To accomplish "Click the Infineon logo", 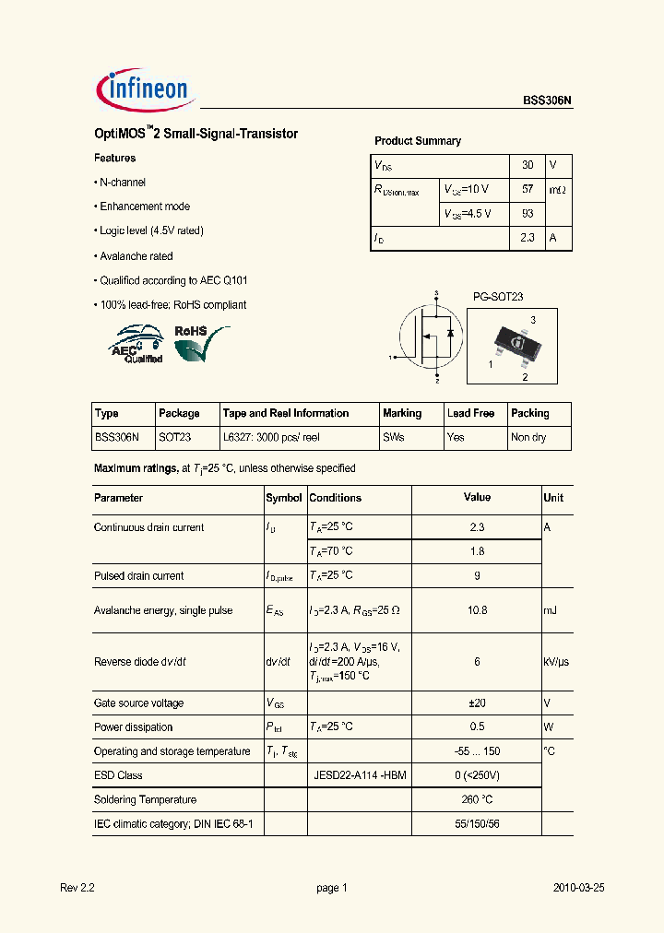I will click(143, 89).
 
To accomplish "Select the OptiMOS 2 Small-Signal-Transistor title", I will click(196, 134).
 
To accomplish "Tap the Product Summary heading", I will click(417, 141).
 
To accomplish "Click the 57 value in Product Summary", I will click(528, 189).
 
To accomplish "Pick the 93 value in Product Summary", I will click(528, 213).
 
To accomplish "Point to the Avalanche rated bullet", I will click(136, 256).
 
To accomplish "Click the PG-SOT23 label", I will click(498, 297).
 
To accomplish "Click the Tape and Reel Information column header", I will click(286, 413).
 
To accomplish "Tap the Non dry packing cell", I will click(528, 437).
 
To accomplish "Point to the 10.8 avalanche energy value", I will click(477, 610).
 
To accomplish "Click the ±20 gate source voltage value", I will click(477, 703).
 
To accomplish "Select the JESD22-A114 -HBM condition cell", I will click(360, 775).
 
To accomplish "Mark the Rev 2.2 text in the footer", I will click(77, 888).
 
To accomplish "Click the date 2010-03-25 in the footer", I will click(578, 888).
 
